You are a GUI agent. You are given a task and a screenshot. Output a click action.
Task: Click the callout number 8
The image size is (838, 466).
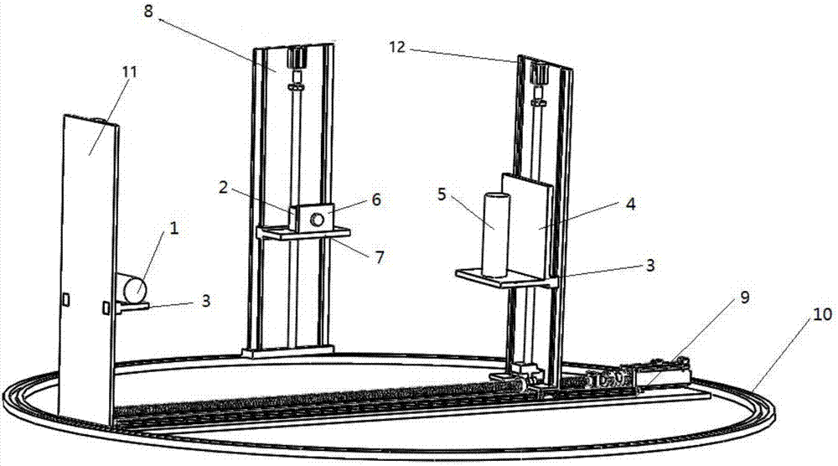click(x=148, y=12)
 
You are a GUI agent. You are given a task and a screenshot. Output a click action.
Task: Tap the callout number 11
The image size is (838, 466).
click(x=130, y=71)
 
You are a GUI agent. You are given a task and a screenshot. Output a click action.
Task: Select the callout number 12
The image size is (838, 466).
click(x=397, y=48)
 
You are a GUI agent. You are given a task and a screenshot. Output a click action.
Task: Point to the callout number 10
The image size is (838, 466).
click(x=823, y=314)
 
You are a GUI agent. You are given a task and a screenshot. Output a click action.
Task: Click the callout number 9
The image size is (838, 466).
click(x=745, y=298)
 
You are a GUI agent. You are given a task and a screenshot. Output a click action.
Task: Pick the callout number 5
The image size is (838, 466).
click(x=442, y=194)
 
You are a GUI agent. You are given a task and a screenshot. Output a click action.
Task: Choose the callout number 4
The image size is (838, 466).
click(x=631, y=204)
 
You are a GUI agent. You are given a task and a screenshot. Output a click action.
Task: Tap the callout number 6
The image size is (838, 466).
click(x=376, y=199)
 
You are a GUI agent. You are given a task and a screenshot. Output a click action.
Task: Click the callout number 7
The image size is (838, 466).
click(x=380, y=257)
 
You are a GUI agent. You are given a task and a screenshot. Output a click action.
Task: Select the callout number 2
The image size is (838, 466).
click(x=223, y=187)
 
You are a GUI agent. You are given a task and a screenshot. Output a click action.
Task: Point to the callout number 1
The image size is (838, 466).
click(x=173, y=229)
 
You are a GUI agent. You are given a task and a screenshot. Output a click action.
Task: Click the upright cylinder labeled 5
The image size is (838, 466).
click(x=495, y=235)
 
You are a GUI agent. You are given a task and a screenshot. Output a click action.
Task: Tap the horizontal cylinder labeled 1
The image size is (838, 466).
click(x=131, y=287)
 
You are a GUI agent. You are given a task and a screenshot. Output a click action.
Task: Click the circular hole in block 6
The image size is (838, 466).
click(x=318, y=219)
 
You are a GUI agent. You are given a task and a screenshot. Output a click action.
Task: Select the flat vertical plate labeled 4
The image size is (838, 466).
click(x=526, y=224)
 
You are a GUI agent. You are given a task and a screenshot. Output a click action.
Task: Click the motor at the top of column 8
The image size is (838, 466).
click(x=296, y=57)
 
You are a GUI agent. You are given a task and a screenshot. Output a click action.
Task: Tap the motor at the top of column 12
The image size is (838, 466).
click(x=541, y=73)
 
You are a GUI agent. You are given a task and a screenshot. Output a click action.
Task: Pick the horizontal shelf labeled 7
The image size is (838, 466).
click(x=303, y=232)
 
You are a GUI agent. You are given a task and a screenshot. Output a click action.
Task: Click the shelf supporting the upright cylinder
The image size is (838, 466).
click(x=505, y=278)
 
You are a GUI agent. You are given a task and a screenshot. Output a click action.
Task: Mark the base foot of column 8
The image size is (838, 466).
click(x=287, y=351)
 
